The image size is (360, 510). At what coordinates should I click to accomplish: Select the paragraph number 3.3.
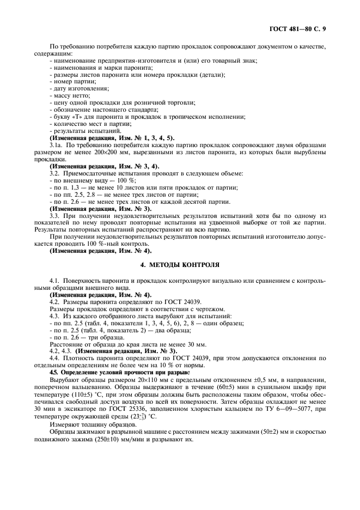(54, 216)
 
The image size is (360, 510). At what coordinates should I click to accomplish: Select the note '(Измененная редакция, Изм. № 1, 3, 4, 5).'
(112, 138)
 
